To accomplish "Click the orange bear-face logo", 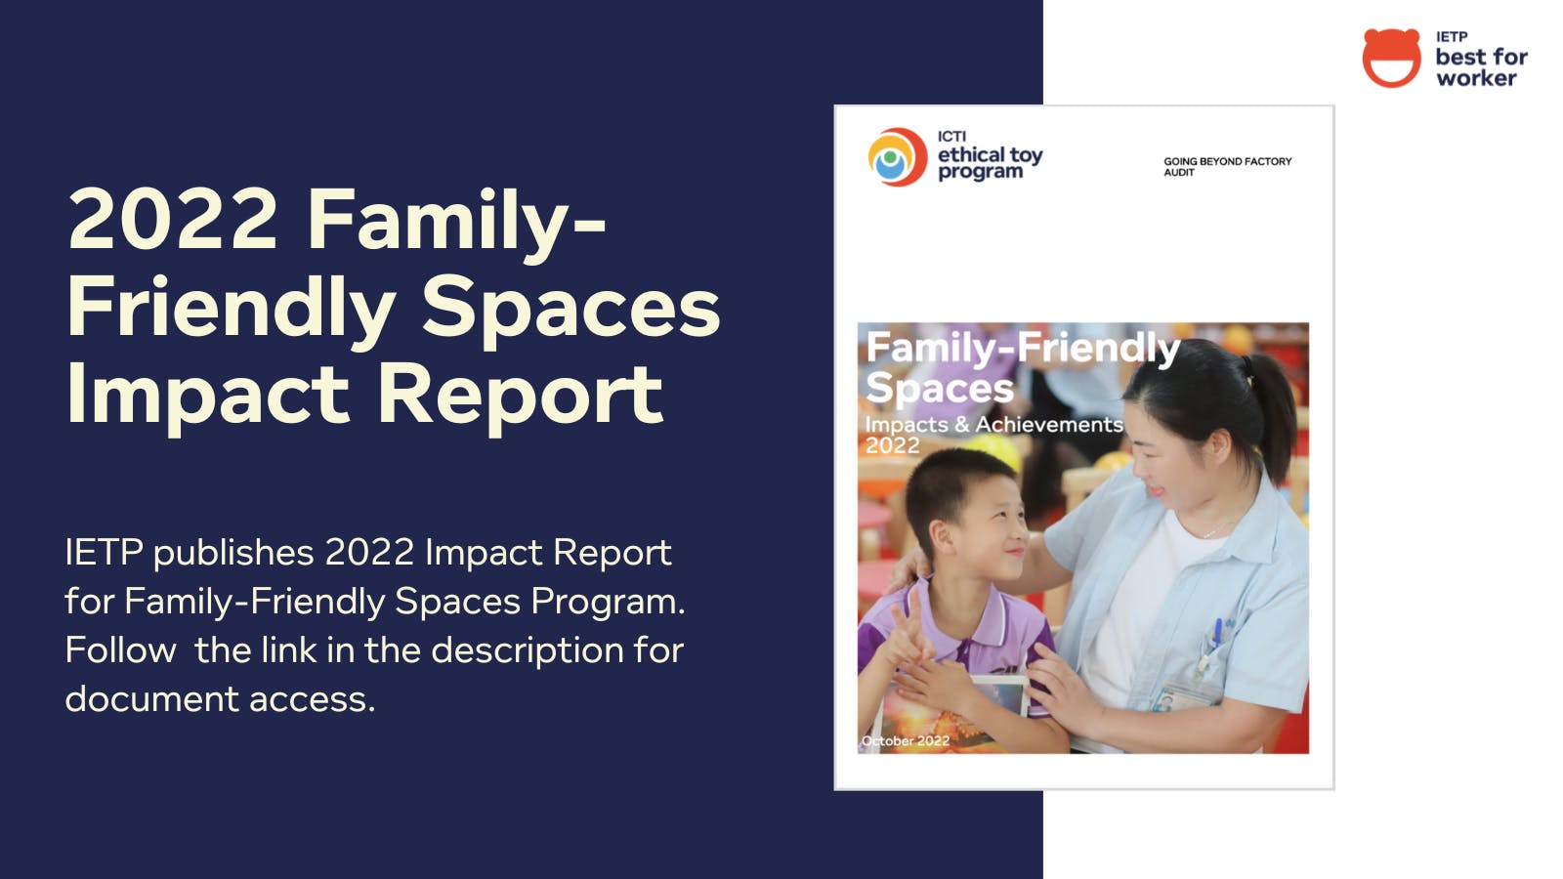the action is [1391, 58].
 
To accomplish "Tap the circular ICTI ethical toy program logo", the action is [898, 157].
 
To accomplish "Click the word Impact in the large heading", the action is [207, 395].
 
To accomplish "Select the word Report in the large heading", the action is [521, 395].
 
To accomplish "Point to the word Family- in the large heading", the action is [455, 222].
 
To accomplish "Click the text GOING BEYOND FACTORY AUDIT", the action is [1227, 167].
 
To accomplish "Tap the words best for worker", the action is [1481, 67].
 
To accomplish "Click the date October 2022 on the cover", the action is [906, 741].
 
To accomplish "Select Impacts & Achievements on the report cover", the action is [993, 424].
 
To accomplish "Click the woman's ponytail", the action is [1274, 411].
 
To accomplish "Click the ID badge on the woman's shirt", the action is [1179, 697].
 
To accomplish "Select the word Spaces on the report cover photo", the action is [940, 388].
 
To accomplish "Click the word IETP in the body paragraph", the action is [104, 553].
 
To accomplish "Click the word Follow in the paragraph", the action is [121, 650].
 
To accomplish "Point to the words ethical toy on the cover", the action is [991, 154].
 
